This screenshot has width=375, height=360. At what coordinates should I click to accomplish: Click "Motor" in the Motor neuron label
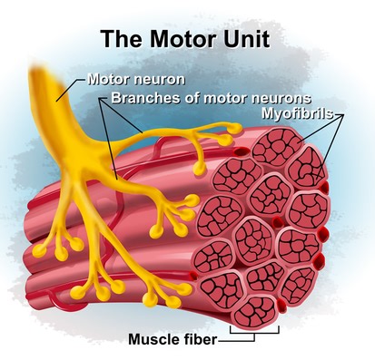click(108, 80)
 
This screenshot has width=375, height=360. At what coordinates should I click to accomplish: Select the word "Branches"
click(143, 97)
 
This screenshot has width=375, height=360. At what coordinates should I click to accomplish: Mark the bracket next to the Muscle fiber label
click(245, 336)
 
